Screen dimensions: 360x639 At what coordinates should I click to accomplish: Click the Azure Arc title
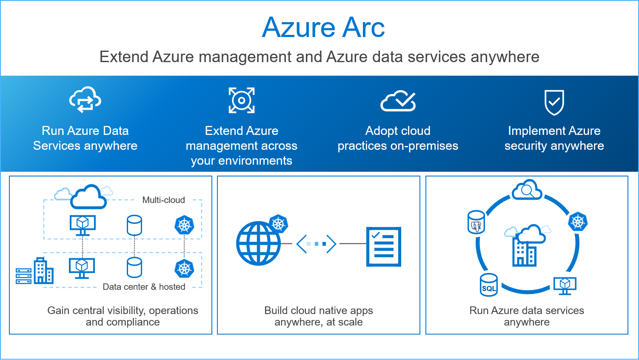(x=323, y=28)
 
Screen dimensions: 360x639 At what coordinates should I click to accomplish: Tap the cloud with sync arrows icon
(x=85, y=100)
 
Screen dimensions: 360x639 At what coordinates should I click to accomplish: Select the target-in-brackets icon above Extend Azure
(x=242, y=100)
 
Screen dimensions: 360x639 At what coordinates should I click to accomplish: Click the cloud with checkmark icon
(x=398, y=101)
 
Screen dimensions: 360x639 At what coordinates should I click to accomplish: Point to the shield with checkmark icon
(x=554, y=102)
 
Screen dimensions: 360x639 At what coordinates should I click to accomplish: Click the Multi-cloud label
(x=163, y=200)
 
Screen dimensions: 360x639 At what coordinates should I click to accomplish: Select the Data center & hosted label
(x=144, y=287)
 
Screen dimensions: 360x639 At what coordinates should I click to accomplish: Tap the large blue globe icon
(x=258, y=243)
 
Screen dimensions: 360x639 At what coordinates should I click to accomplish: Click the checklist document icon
(x=384, y=247)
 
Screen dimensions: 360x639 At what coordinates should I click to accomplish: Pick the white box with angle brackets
(x=316, y=244)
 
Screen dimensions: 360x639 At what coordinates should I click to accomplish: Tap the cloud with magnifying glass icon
(x=527, y=191)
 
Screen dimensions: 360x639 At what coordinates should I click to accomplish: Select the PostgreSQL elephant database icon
(x=476, y=222)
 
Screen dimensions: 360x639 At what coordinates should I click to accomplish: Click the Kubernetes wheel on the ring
(x=578, y=222)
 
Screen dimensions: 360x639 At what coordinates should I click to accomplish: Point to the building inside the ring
(x=524, y=253)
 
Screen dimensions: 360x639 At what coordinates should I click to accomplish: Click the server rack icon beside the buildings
(x=23, y=276)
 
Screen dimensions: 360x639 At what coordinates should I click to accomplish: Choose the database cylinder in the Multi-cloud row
(x=134, y=225)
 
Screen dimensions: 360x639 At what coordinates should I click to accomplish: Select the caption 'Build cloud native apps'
(x=319, y=311)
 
